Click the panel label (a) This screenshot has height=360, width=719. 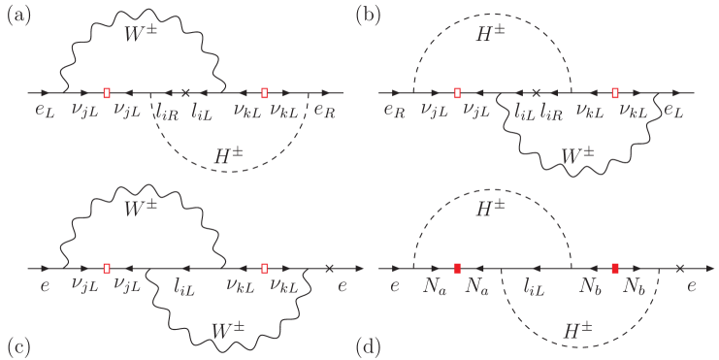tap(19, 15)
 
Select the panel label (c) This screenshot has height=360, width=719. tap(19, 344)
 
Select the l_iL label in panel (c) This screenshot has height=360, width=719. tap(185, 286)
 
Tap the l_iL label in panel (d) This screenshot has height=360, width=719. tap(535, 286)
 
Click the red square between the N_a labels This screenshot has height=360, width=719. tap(457, 267)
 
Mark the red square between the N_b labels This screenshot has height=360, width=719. tap(615, 267)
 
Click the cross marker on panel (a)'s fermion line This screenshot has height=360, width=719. tap(184, 93)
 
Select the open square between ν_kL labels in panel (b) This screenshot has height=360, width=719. tap(615, 93)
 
